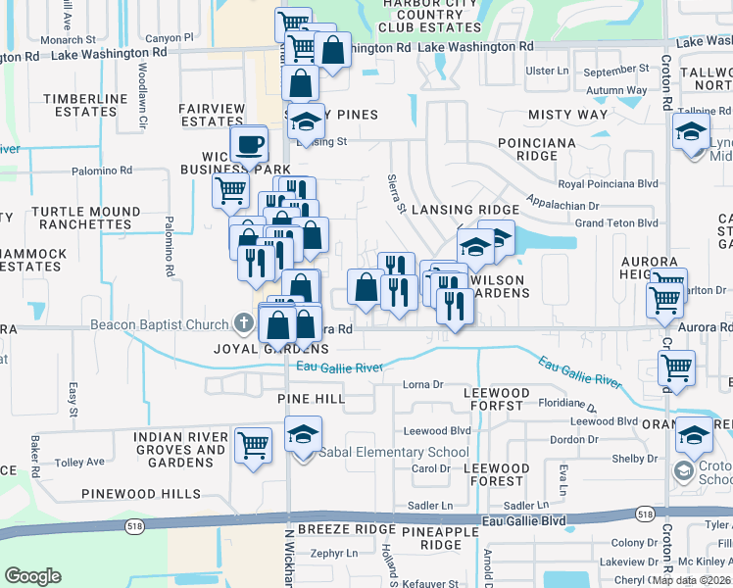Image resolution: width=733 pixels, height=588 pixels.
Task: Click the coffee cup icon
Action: tap(249, 144)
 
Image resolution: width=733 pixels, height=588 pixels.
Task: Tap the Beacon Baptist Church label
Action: tap(158, 325)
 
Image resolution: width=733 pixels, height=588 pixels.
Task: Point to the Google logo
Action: tap(32, 576)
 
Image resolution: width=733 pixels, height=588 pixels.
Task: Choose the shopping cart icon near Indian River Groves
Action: tap(254, 445)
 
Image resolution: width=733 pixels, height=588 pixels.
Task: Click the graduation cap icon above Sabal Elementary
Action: tap(304, 432)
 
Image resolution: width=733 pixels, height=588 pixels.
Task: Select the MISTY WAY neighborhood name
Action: tap(567, 115)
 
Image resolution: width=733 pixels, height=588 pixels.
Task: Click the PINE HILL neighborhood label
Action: tap(312, 399)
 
